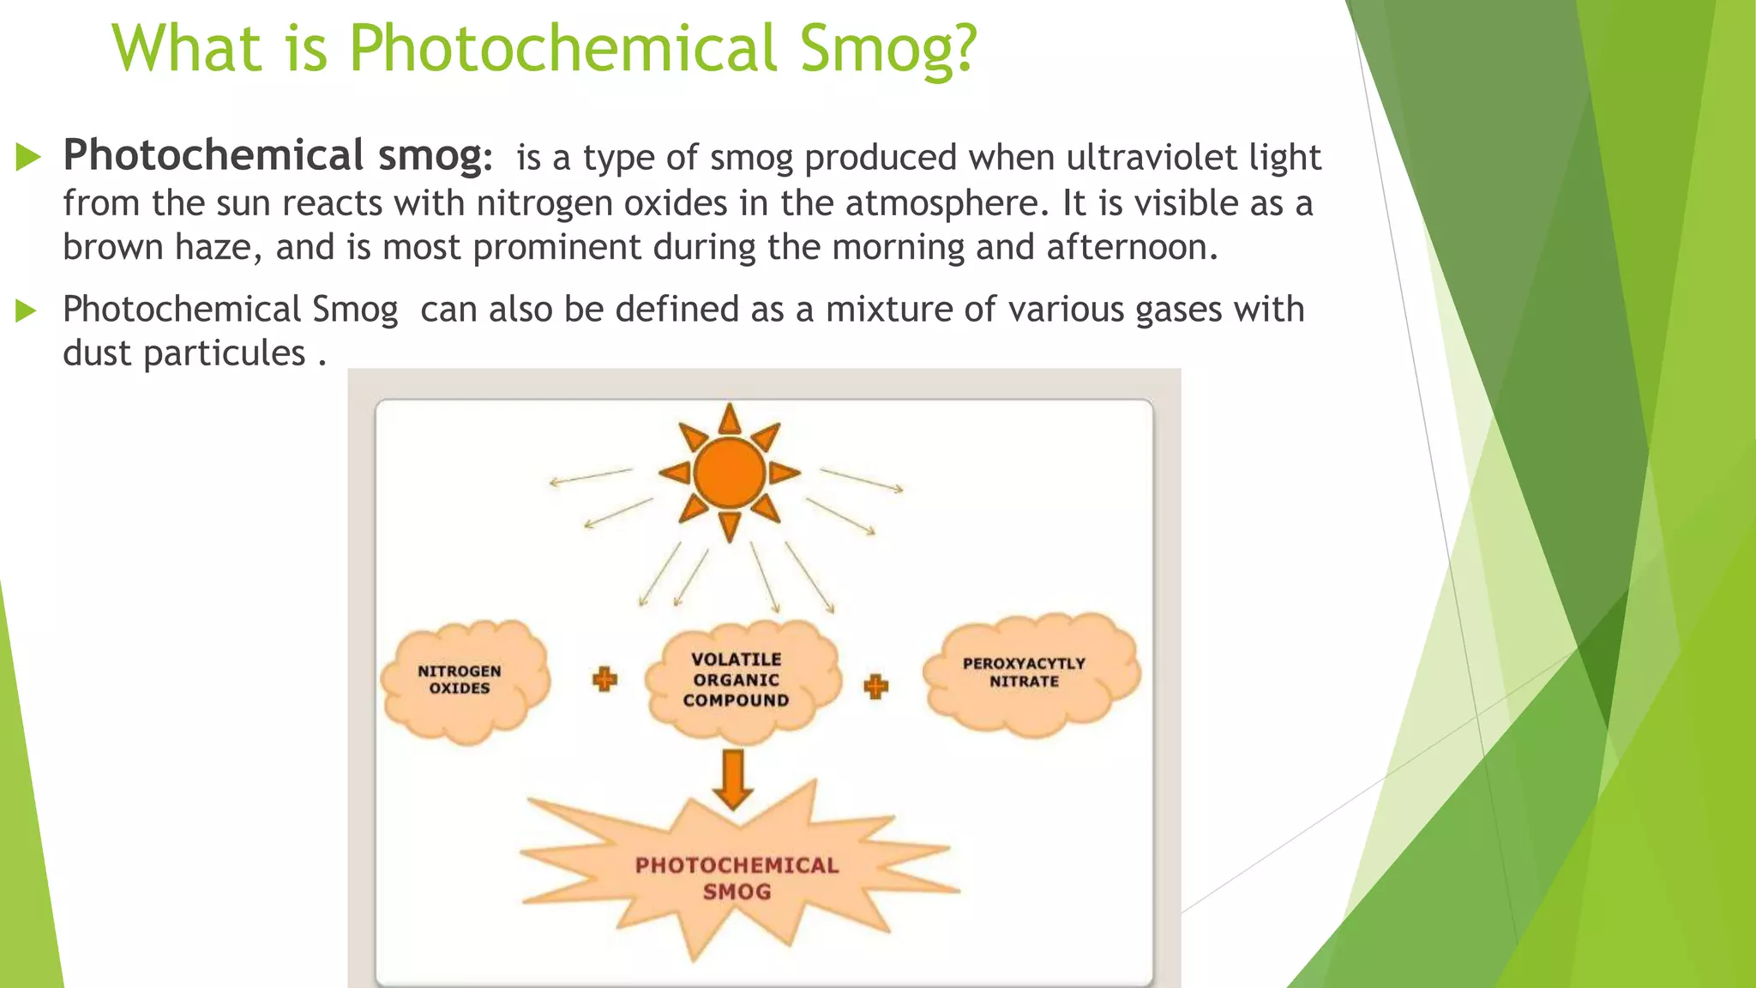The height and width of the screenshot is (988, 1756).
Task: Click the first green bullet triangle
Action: [x=28, y=157]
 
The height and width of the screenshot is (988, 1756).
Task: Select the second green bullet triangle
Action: [x=27, y=310]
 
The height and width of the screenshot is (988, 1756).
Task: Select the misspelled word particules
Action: [x=225, y=353]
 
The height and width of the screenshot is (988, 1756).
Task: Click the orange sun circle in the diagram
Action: [x=729, y=473]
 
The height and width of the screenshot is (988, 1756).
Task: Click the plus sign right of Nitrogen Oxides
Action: [x=604, y=680]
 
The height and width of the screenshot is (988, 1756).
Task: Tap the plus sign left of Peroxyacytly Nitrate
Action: [x=875, y=686]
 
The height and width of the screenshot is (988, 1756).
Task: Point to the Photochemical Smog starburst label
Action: [x=737, y=878]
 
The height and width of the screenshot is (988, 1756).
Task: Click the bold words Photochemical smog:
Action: [x=278, y=156]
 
